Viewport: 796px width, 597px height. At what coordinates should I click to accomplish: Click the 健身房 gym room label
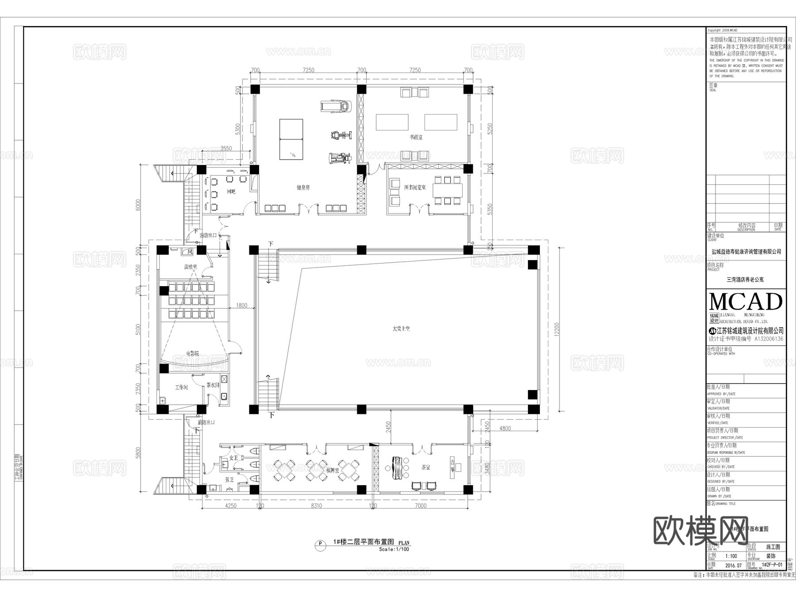coord(303,188)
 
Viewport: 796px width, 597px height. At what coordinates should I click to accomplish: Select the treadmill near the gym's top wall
coord(335,106)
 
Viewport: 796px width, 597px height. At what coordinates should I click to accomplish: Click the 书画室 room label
coord(416,138)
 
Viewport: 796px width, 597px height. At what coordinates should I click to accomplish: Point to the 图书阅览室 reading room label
coord(415,188)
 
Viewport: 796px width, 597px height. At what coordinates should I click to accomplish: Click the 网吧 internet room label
coord(231,191)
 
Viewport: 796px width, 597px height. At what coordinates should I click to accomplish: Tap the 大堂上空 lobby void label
coord(401,329)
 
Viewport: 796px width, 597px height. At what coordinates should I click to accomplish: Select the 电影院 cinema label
coord(192,353)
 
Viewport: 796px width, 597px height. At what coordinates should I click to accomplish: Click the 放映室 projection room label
coord(191,267)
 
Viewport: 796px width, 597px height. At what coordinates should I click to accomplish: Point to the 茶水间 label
coord(213,385)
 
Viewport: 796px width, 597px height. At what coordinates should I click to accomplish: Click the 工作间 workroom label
coord(181,387)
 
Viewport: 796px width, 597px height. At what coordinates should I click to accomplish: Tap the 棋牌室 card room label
coord(333,471)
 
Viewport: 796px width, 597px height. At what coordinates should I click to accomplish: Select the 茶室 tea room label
coord(426,467)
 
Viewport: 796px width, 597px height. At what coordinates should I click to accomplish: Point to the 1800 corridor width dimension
coord(242,305)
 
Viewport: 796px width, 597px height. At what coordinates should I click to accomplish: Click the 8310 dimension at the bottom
coord(316,505)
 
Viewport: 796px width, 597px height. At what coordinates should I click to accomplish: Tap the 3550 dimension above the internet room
coord(226,149)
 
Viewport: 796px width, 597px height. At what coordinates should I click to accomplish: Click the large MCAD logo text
coord(746,302)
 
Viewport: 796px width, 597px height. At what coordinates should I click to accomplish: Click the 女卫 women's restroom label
coord(233,458)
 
